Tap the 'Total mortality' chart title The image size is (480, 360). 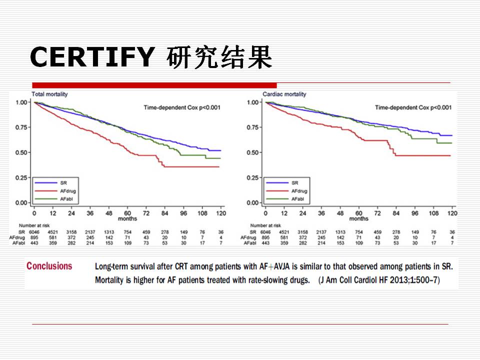(x=50, y=94)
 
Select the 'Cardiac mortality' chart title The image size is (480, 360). (x=284, y=94)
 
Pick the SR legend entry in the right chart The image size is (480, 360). (x=295, y=182)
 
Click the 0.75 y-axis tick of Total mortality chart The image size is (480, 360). (x=22, y=127)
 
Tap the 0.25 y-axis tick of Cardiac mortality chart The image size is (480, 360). (x=253, y=178)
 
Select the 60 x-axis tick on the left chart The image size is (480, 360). (x=127, y=213)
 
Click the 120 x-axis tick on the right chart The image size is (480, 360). (x=452, y=213)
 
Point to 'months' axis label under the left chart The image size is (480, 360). (x=127, y=219)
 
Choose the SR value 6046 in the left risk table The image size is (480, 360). (x=34, y=232)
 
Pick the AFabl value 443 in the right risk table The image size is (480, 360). (x=265, y=243)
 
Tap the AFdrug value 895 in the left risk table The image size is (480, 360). (x=34, y=238)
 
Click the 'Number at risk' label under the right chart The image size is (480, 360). (x=265, y=226)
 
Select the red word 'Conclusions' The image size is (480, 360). (x=49, y=266)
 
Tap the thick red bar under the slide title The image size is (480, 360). (x=154, y=85)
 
